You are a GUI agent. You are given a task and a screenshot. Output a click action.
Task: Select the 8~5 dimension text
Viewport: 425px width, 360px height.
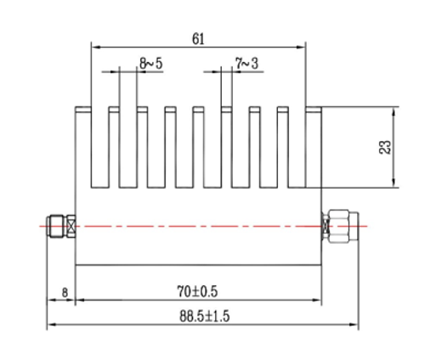pyautogui.click(x=152, y=62)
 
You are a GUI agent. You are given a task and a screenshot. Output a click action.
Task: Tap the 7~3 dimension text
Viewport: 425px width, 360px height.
pyautogui.click(x=247, y=62)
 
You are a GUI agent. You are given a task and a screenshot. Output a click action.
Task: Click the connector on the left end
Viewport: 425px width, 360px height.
pyautogui.click(x=58, y=226)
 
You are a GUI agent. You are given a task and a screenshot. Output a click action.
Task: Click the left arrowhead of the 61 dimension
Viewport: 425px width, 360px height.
pyautogui.click(x=95, y=47)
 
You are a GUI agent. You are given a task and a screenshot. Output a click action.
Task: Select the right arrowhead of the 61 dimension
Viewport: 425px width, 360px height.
pyautogui.click(x=300, y=47)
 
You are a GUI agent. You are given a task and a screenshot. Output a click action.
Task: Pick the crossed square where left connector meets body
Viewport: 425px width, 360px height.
pyautogui.click(x=72, y=226)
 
